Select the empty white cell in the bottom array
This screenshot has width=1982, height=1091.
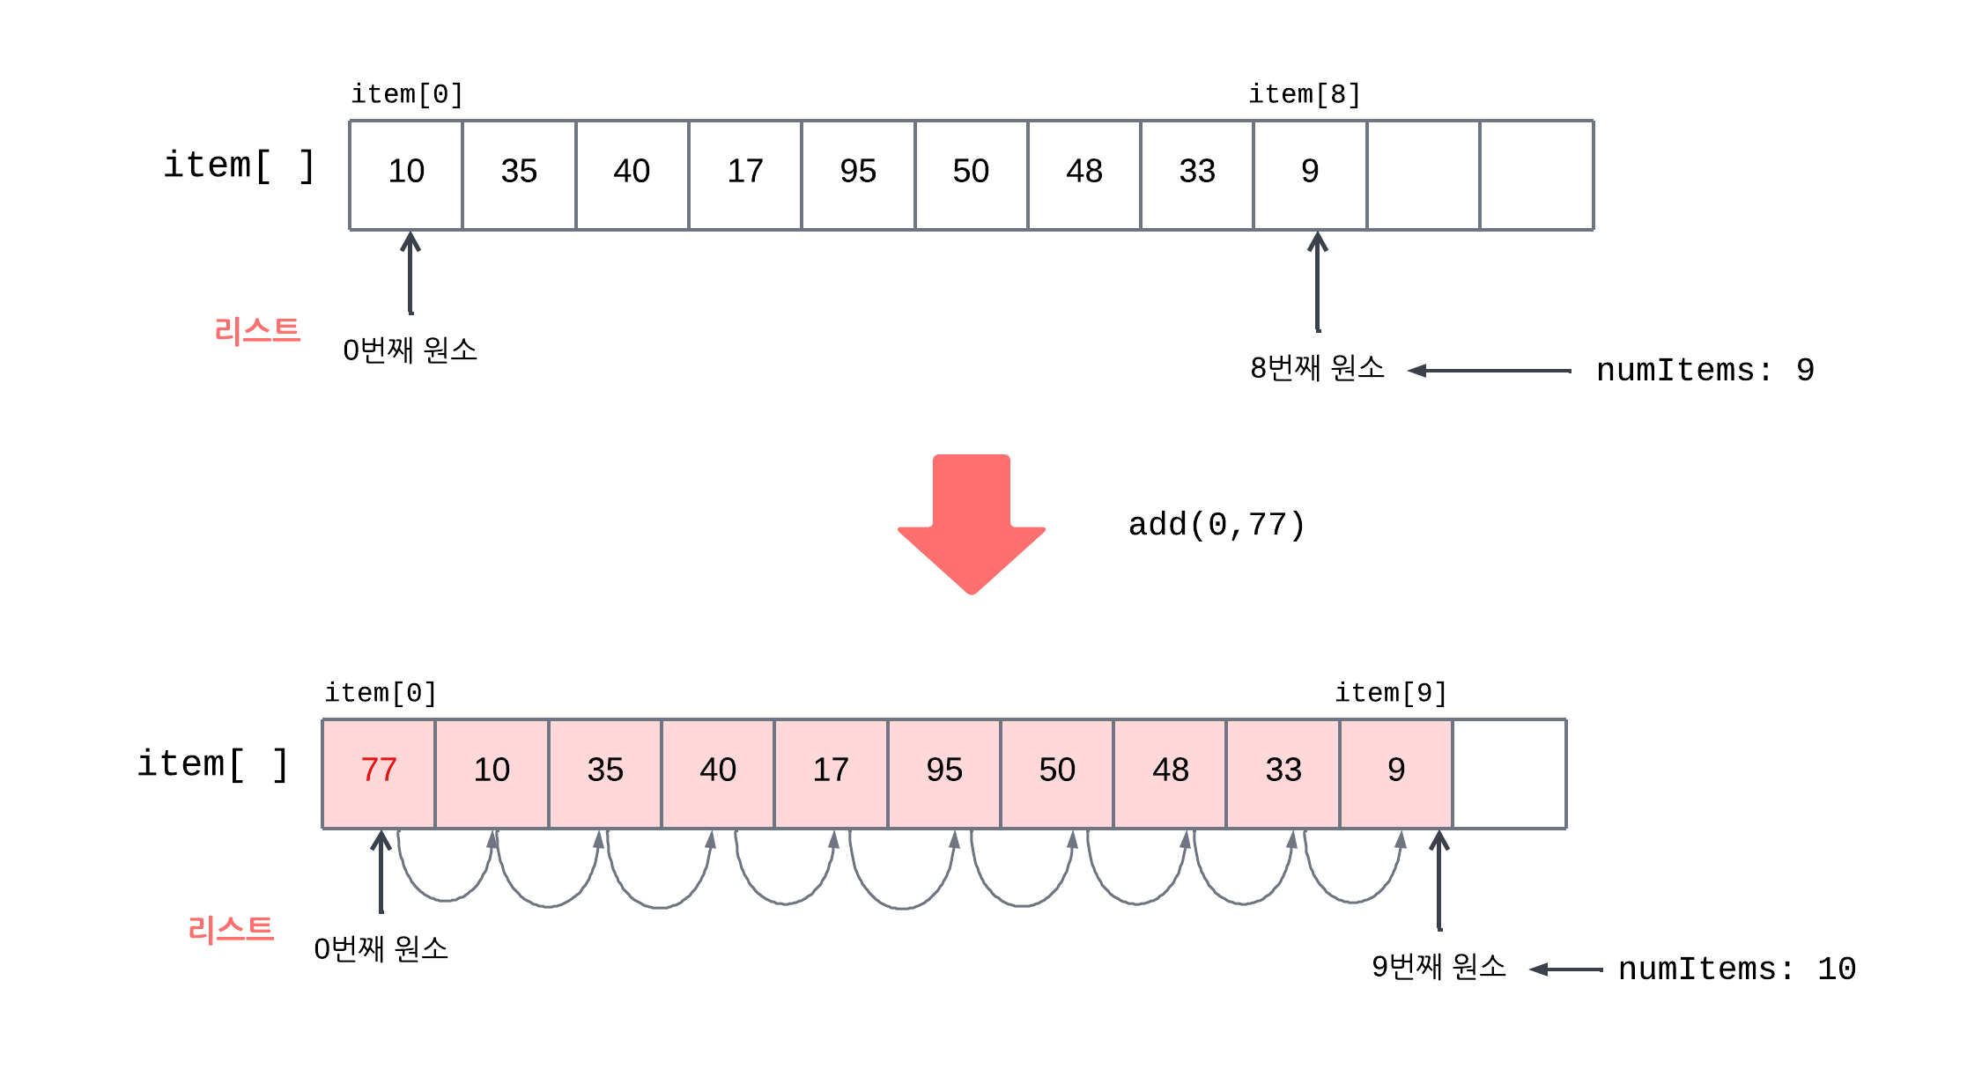1509,772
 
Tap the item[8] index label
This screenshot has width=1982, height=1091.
1305,94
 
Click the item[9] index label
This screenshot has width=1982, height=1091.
1391,693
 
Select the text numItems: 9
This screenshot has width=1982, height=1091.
1705,371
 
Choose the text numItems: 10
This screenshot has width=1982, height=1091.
1736,969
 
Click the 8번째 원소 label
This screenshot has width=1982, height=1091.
1317,368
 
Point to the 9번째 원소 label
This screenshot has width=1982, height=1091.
1438,967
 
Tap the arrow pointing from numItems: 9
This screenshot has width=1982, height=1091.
1489,371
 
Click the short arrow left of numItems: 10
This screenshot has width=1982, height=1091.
1565,969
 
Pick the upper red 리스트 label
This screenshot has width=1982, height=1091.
257,331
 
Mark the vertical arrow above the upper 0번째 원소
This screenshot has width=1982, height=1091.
410,273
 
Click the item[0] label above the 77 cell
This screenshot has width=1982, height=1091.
381,693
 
